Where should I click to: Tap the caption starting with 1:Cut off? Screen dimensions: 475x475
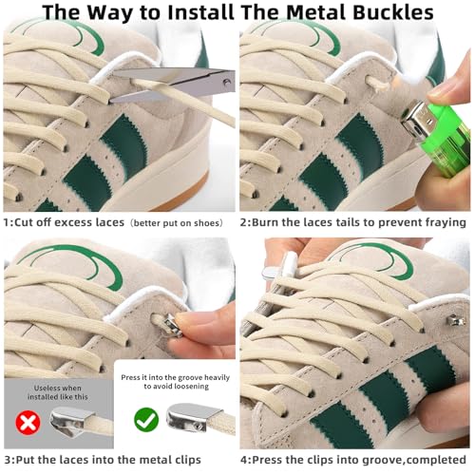64,222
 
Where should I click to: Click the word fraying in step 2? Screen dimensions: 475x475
438,222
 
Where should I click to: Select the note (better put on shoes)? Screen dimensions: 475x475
179,222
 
